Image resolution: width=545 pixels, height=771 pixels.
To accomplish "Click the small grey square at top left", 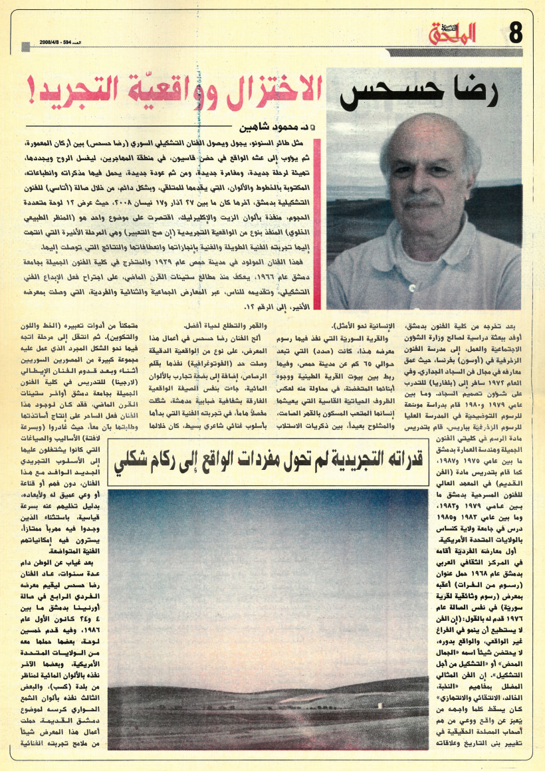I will pyautogui.click(x=25, y=46).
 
